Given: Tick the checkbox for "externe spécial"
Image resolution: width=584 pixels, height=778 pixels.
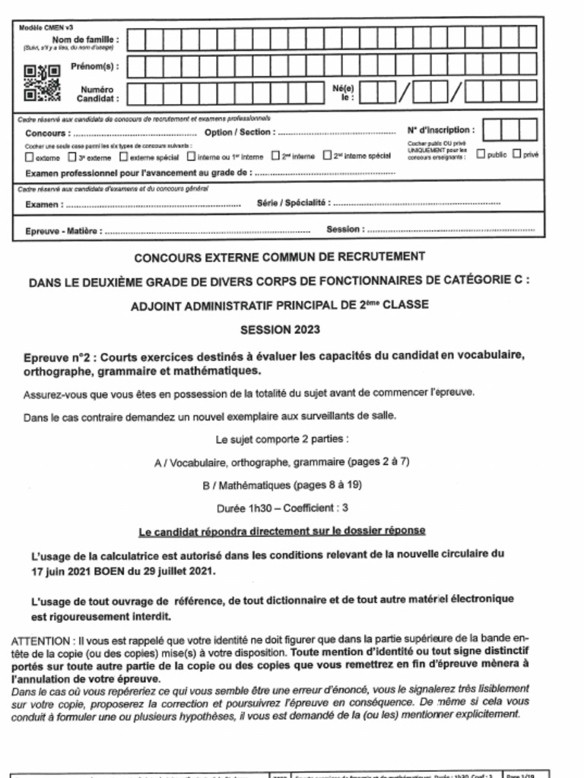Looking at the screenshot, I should tap(124, 157).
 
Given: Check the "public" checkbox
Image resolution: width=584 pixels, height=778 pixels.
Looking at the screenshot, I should tap(481, 154).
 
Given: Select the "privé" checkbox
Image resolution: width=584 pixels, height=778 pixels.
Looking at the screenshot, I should tap(516, 154).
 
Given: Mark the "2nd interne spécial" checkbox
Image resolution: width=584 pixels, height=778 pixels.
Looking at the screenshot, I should tap(327, 156).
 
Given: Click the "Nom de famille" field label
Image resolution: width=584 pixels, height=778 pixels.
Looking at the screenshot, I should tap(85, 40).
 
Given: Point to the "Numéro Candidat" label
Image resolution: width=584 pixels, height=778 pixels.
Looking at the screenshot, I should tap(100, 93).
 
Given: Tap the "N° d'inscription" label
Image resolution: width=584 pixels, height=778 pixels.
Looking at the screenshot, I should tap(441, 130).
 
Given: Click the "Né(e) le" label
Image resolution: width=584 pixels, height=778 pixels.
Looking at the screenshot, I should tap(348, 93).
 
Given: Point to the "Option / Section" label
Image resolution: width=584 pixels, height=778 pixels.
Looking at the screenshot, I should tap(238, 132).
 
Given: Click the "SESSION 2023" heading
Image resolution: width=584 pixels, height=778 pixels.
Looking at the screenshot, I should tap(280, 330).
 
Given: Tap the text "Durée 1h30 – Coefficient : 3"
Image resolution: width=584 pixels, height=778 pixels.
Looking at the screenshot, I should tap(282, 508).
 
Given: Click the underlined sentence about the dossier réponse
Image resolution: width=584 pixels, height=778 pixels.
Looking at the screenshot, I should tap(282, 530).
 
